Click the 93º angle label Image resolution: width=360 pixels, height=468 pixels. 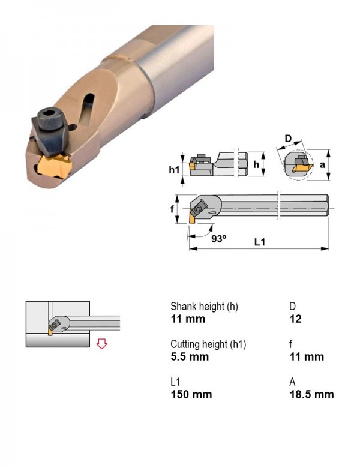pos(219,238)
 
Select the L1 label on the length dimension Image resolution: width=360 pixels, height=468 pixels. pos(260,242)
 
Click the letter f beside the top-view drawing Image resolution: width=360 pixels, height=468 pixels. pos(172,209)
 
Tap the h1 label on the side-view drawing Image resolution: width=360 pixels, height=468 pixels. pos(175,170)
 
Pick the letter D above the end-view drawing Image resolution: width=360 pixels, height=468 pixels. pos(288,139)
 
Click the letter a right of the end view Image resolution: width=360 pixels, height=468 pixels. pos(322,164)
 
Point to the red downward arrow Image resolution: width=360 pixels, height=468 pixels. pos(102,344)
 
